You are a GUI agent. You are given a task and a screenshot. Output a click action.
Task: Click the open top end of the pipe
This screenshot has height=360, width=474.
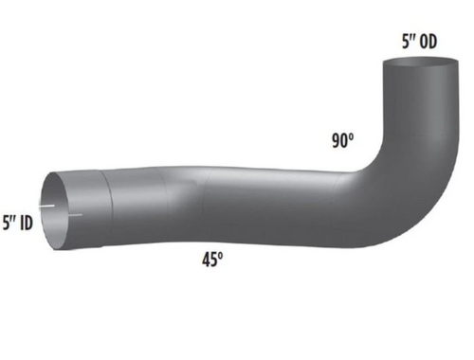[x=418, y=67]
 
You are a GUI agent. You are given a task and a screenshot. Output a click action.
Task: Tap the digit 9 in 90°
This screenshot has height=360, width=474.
[x=336, y=139]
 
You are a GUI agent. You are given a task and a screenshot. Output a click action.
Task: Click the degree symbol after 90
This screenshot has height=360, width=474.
[x=353, y=135]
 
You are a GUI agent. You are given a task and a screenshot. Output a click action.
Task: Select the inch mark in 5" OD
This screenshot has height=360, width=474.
[x=411, y=36]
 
